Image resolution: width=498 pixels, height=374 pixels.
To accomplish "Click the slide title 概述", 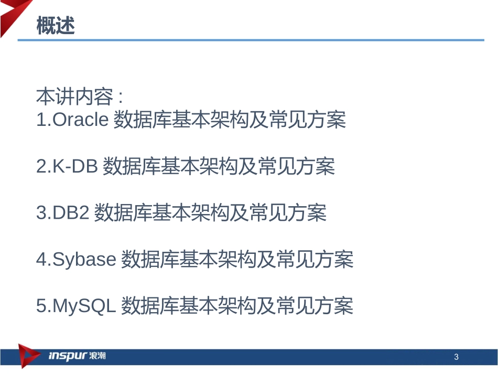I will [x=56, y=26].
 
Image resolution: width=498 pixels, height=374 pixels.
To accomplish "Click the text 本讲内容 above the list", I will [x=74, y=97].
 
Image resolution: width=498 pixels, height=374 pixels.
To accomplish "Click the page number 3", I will [x=456, y=358].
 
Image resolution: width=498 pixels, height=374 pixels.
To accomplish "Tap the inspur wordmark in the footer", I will [x=68, y=357].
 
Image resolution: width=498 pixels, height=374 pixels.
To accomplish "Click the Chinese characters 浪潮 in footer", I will [x=98, y=357].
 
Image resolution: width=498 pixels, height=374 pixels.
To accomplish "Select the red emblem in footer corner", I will [x=27, y=356].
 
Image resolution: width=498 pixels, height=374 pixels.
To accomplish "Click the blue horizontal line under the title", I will [x=252, y=40].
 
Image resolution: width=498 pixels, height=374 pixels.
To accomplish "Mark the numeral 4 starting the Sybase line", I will [x=41, y=259].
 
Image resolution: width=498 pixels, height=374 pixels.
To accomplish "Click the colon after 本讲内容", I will [x=120, y=98].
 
